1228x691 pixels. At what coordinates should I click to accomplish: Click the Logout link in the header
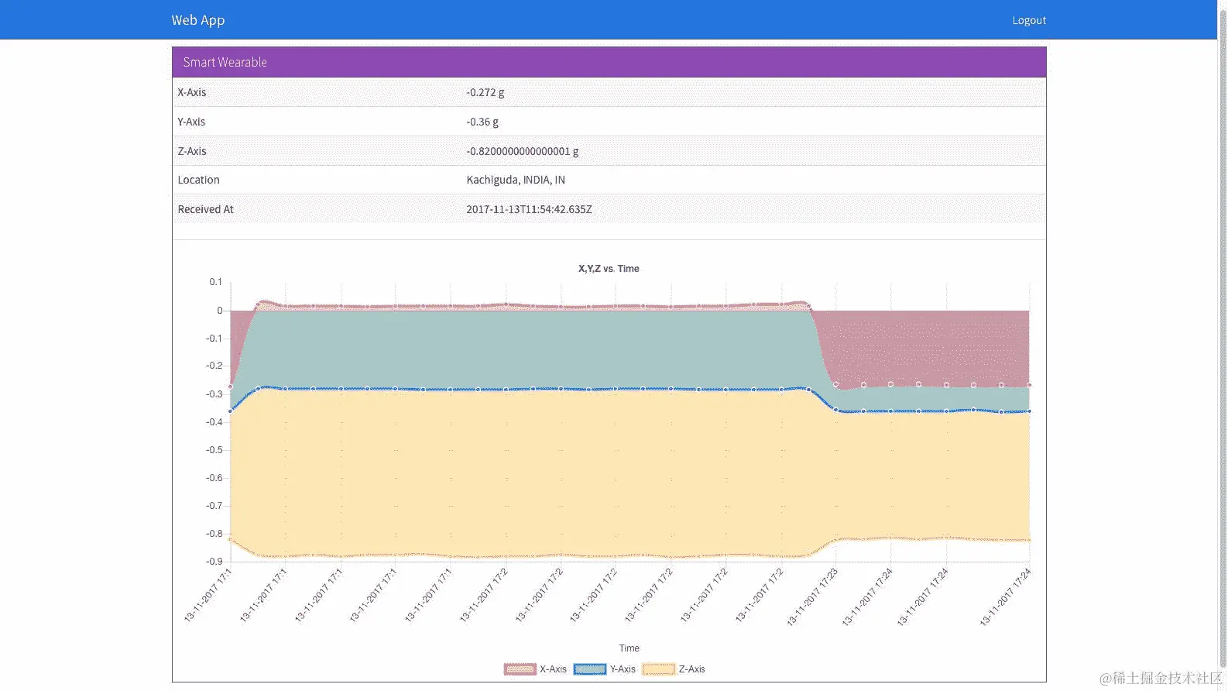[x=1028, y=20]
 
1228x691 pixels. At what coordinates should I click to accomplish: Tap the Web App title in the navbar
[x=198, y=20]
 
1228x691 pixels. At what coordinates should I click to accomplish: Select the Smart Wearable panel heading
[x=225, y=62]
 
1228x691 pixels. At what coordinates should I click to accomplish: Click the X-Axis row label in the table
[x=192, y=92]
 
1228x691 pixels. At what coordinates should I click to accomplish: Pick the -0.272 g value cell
[x=485, y=92]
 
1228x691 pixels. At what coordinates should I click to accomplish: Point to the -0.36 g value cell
[x=482, y=122]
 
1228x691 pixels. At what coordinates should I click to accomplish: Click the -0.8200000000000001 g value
[x=523, y=151]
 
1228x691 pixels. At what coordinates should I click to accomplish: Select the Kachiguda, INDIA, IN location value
[x=516, y=180]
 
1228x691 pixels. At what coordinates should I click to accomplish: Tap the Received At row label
[x=205, y=209]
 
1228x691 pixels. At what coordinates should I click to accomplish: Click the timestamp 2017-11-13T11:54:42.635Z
[x=529, y=209]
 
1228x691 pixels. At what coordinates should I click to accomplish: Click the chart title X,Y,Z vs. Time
[x=609, y=269]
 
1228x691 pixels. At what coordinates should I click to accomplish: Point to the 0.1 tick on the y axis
[x=215, y=282]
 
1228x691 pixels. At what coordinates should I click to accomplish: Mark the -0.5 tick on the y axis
[x=214, y=450]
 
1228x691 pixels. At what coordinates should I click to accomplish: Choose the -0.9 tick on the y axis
[x=214, y=562]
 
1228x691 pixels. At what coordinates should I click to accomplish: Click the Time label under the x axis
[x=629, y=648]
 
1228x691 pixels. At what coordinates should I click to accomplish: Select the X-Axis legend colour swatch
[x=520, y=669]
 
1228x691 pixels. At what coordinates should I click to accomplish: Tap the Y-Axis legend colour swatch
[x=589, y=669]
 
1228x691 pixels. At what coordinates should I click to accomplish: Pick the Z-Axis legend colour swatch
[x=659, y=669]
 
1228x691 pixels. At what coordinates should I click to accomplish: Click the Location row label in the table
[x=199, y=180]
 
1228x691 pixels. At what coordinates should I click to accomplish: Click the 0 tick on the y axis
[x=220, y=311]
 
